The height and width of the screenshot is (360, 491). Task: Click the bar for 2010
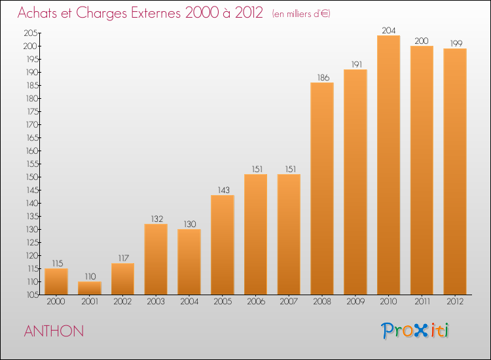coord(388,165)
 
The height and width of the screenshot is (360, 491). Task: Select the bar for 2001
coord(90,288)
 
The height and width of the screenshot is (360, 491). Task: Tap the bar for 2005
coord(223,245)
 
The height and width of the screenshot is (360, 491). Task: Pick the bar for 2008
coord(322,189)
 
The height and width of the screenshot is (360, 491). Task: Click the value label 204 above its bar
coord(389,30)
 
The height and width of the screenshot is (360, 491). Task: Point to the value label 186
coord(323,77)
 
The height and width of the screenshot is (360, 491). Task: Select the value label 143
coord(224,190)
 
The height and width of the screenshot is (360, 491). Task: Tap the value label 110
coord(90,276)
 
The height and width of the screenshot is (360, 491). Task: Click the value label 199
coord(456,43)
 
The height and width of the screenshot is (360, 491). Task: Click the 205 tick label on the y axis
coord(31,33)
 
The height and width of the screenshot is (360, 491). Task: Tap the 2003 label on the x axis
coord(156,301)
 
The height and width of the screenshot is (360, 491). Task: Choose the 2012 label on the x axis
coord(455,301)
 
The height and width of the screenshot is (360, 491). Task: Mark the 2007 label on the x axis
coord(289,301)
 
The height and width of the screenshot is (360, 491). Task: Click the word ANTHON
coord(54,331)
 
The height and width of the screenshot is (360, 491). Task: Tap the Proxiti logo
coord(415,331)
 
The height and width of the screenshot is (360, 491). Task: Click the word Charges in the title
coord(101,13)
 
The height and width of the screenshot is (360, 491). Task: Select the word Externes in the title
coord(156,12)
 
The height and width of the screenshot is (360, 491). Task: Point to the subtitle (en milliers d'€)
coord(301,14)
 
